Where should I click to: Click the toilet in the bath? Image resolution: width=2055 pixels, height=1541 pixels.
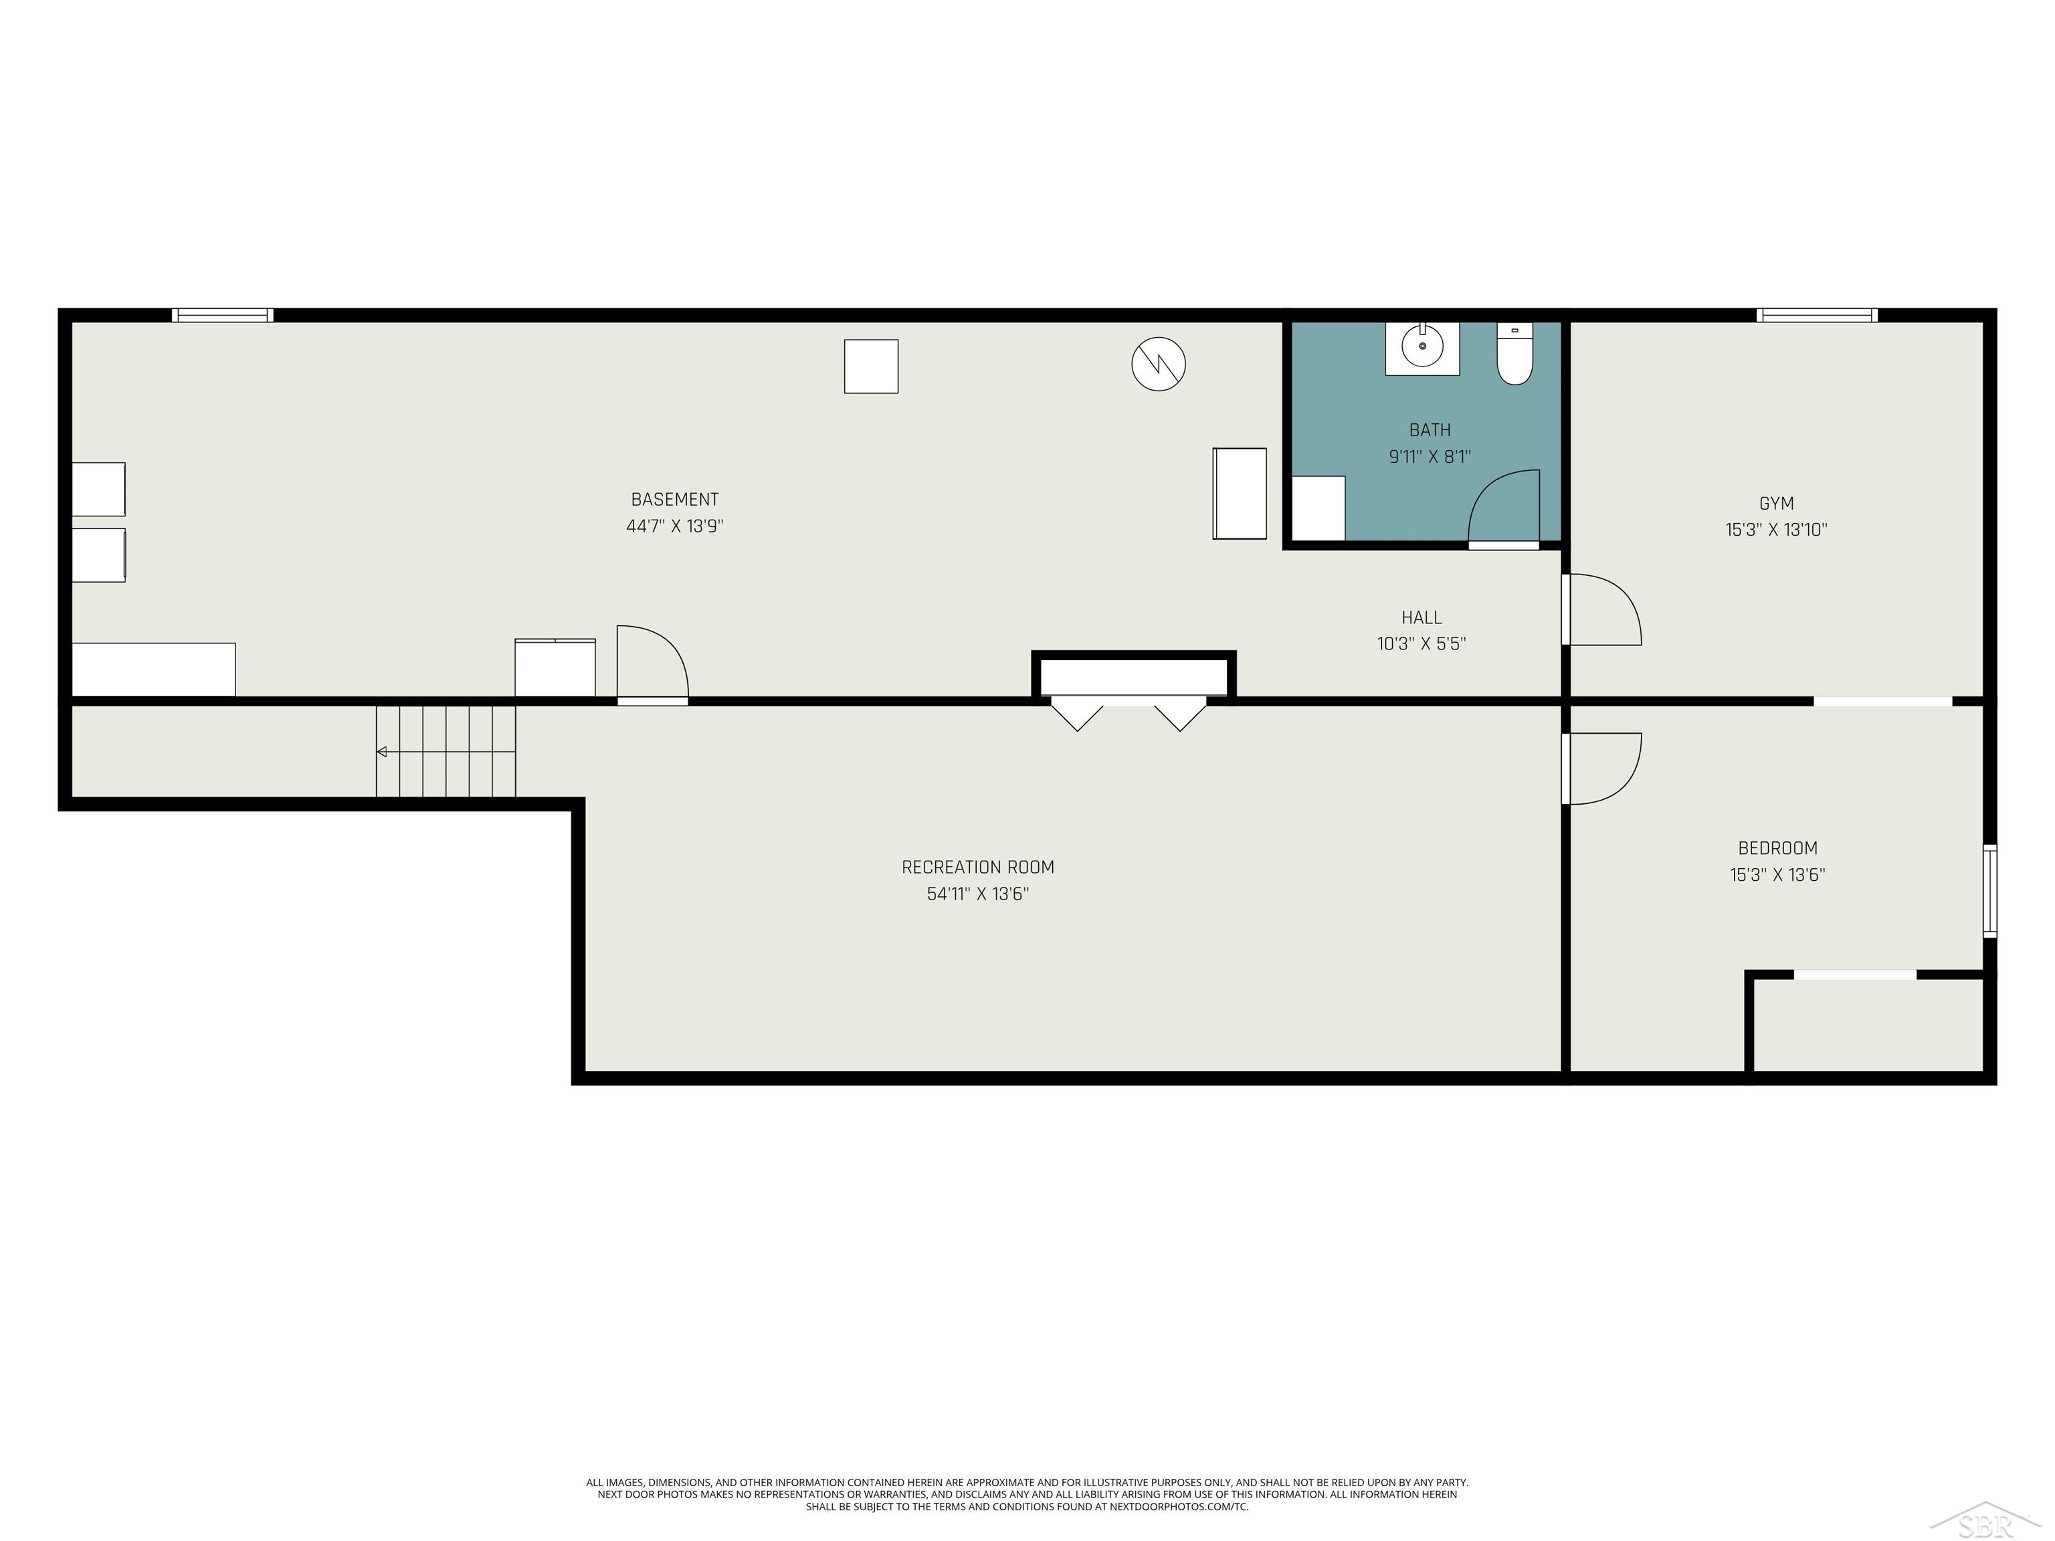1514,358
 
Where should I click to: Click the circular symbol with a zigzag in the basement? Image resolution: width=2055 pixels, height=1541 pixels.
1159,363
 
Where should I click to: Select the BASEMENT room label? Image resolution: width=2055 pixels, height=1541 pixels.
674,500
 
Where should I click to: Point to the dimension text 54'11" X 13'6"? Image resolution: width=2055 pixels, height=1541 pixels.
977,894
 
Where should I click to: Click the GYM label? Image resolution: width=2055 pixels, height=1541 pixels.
1776,504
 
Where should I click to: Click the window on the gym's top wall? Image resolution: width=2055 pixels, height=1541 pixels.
1816,316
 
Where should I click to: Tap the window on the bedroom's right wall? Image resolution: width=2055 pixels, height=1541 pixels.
1989,890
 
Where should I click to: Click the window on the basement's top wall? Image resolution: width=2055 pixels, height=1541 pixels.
223,316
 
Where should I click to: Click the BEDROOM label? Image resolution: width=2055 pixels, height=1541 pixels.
1777,848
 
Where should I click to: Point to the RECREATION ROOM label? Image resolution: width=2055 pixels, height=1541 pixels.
977,867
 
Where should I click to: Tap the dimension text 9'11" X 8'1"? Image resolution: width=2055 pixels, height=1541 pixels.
1430,457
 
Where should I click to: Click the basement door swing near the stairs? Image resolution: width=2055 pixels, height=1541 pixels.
652,664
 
